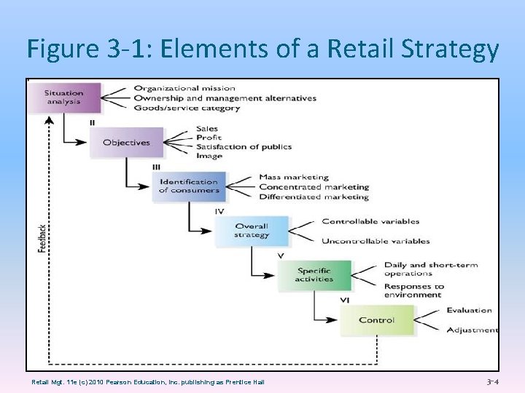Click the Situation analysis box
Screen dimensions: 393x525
(63, 97)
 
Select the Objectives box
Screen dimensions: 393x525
(126, 143)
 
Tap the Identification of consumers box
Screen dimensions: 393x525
(189, 186)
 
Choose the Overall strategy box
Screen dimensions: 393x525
(252, 231)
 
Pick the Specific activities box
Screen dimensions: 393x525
(314, 275)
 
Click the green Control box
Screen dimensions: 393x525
(376, 320)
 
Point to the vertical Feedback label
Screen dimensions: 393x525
(42, 238)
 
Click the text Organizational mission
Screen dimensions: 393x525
(184, 89)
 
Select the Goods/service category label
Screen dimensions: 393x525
(187, 108)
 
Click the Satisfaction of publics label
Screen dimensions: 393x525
(244, 147)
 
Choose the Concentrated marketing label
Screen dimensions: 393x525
(314, 187)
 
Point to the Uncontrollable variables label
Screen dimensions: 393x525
(376, 242)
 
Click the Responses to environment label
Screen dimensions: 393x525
(414, 291)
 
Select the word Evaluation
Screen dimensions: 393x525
(469, 311)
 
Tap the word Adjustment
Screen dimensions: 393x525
(472, 330)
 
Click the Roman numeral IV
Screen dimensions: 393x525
(219, 211)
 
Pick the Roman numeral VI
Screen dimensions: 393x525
(345, 300)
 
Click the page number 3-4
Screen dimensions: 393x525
(493, 381)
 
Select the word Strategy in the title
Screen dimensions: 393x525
(451, 49)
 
